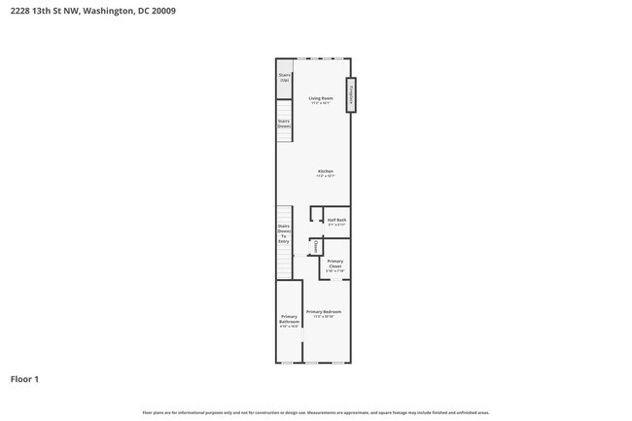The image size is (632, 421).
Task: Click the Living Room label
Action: (321, 98)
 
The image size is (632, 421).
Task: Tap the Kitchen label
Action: (325, 171)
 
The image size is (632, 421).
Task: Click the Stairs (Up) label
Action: (285, 77)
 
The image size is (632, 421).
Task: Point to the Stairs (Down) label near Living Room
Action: (284, 123)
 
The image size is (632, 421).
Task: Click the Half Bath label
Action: (336, 220)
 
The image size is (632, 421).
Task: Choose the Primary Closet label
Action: (334, 263)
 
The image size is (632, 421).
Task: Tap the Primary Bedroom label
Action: (324, 311)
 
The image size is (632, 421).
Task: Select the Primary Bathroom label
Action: (289, 319)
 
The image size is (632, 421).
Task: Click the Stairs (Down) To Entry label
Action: (284, 233)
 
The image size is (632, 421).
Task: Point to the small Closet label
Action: (316, 247)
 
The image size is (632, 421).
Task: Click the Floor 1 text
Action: (24, 378)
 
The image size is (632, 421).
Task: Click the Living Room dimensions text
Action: (321, 103)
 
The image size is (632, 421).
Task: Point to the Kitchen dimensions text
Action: (325, 176)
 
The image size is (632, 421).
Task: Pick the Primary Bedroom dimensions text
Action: (324, 316)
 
